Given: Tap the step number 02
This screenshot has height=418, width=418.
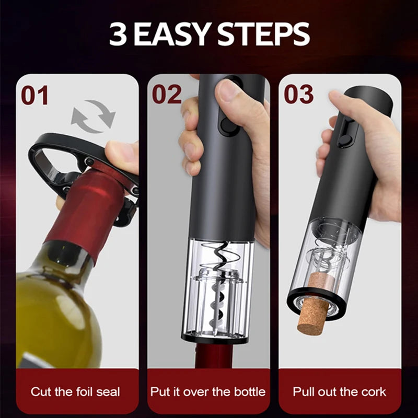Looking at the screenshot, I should [x=167, y=95].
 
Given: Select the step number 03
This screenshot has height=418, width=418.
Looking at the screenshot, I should [x=299, y=95].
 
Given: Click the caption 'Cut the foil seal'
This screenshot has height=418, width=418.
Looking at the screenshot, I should [x=75, y=391].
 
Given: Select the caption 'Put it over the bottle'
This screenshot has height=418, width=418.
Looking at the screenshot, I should [x=208, y=391].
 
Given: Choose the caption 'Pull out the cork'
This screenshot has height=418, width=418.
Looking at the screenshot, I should [x=340, y=391].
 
